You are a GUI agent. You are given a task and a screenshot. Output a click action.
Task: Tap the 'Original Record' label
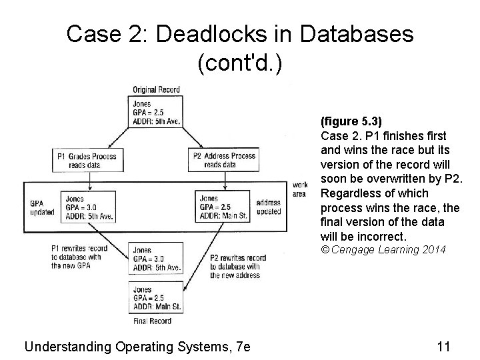pyautogui.click(x=156, y=90)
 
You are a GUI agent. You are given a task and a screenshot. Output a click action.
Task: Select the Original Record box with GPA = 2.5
pyautogui.click(x=156, y=111)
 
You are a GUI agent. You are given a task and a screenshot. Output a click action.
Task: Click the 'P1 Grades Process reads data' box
pyautogui.click(x=87, y=161)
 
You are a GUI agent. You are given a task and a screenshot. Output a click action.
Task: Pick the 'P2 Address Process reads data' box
pyautogui.click(x=225, y=161)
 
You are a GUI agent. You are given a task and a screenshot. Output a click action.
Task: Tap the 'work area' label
pyautogui.click(x=300, y=189)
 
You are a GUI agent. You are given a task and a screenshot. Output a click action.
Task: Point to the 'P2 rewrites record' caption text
pyautogui.click(x=237, y=266)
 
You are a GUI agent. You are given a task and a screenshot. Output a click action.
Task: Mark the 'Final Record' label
pyautogui.click(x=153, y=321)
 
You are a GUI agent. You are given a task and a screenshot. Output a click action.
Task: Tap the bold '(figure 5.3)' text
pyautogui.click(x=351, y=122)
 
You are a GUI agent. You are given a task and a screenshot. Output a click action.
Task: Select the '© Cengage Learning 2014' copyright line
pyautogui.click(x=383, y=250)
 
